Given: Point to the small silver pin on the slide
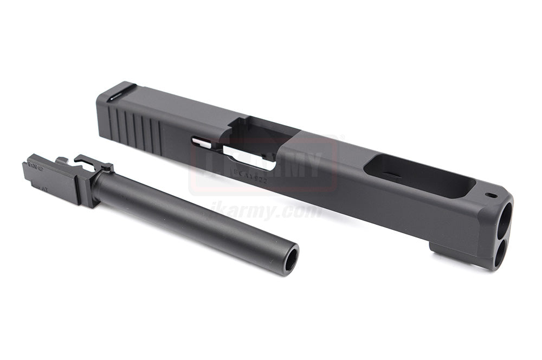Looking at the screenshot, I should click(202, 143).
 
